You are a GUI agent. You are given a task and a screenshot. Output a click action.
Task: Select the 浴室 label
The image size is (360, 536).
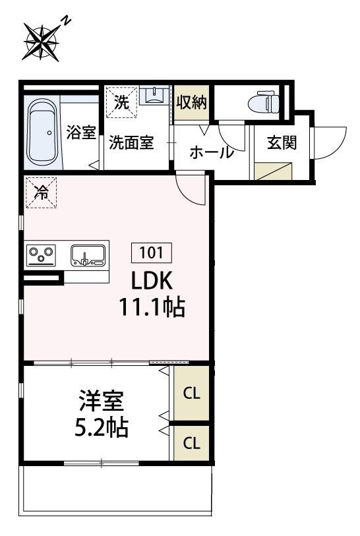(x=81, y=131)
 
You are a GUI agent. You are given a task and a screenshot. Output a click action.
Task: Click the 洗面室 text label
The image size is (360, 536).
(x=131, y=143)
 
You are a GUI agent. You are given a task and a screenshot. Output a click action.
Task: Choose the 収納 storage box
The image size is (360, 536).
(x=192, y=103)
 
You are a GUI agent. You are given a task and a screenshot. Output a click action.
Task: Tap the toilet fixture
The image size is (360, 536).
(x=264, y=103)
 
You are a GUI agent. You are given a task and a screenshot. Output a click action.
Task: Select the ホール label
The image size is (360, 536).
(x=211, y=152)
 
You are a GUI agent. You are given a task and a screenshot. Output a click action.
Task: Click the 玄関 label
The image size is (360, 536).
(x=281, y=143)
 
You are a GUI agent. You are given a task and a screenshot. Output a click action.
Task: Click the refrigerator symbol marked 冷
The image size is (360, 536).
(x=41, y=193)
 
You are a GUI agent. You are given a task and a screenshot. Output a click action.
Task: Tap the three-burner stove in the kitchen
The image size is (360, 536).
(x=40, y=254)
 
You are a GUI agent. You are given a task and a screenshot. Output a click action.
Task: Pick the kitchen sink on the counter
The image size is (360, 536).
(x=88, y=254)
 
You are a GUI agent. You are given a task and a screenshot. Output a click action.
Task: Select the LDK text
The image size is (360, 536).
(x=152, y=282)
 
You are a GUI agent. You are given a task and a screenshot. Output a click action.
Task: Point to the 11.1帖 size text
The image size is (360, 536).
(x=152, y=308)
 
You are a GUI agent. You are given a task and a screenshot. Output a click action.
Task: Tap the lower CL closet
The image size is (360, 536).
(x=192, y=442)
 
